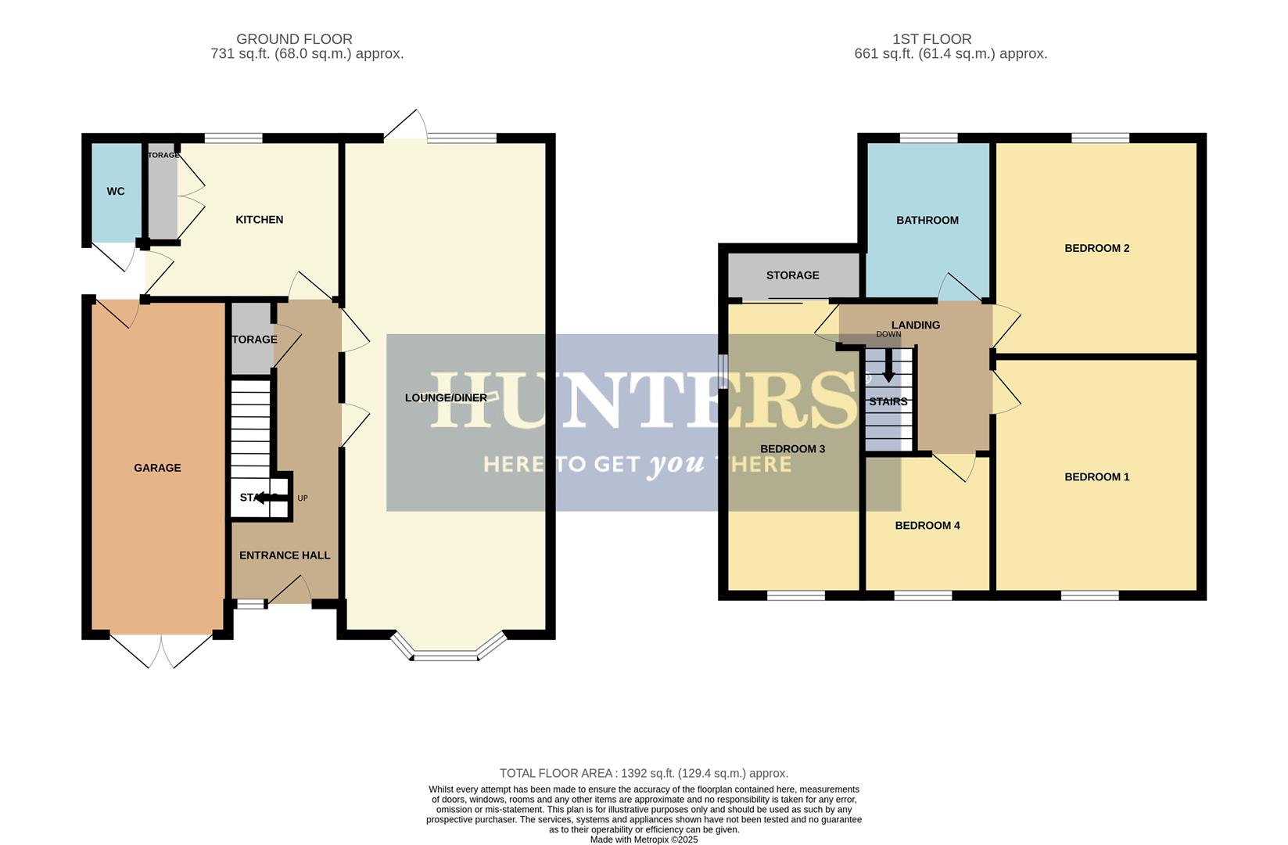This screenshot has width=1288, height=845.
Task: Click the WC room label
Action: (116, 192)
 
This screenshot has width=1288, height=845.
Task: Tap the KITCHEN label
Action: (260, 220)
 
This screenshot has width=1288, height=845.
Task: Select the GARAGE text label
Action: (157, 468)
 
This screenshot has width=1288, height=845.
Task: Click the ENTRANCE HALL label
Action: (285, 556)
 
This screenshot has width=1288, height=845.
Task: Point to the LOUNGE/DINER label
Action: (446, 398)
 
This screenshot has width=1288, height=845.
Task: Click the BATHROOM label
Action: (927, 221)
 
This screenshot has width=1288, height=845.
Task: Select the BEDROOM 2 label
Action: (1096, 249)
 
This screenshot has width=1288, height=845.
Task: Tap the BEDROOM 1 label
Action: (1096, 477)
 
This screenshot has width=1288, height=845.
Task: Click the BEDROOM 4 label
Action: (927, 526)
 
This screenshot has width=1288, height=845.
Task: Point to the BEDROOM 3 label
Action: (792, 449)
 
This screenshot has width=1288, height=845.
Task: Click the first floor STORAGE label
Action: (792, 275)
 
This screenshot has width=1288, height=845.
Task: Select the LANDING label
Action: (915, 325)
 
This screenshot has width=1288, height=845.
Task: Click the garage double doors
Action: (161, 650)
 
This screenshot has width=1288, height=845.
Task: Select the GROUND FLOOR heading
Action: (294, 39)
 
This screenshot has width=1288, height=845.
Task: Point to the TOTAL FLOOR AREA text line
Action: (644, 773)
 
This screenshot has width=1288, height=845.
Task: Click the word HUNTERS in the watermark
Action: (644, 401)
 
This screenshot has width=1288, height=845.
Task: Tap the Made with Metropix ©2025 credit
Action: (644, 840)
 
